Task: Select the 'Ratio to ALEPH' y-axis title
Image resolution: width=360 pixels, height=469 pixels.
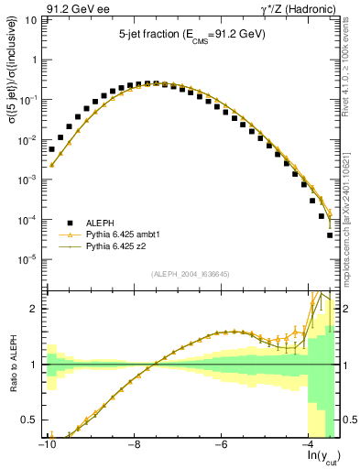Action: (x=13, y=365)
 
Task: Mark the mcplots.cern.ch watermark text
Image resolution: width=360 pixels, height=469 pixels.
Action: (x=351, y=220)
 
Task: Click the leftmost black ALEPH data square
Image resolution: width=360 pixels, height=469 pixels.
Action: (x=52, y=149)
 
